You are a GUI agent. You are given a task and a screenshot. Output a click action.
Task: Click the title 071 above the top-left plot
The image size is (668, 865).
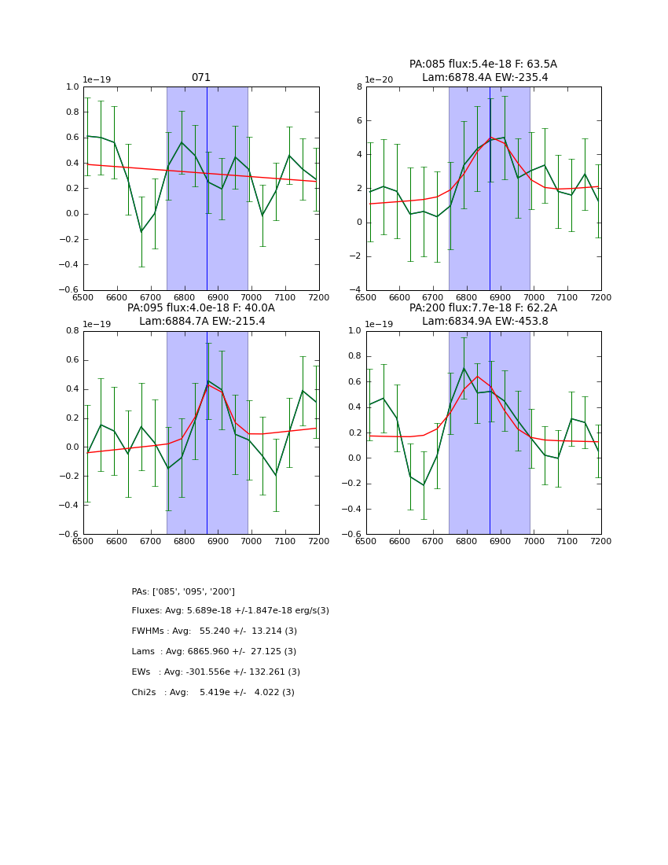point(201,78)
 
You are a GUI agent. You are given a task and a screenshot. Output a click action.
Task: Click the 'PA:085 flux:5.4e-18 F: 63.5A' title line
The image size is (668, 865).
point(483,64)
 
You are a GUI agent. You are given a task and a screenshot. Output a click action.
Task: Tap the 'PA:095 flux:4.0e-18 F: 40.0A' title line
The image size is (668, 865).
point(201,308)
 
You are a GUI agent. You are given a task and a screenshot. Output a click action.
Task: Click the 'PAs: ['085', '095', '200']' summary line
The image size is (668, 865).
point(183,591)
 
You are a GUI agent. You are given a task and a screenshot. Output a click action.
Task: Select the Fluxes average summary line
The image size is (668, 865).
point(230,611)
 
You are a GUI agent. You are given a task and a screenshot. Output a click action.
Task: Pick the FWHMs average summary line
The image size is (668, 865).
point(214,631)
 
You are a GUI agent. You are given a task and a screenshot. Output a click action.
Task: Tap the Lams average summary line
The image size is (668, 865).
point(214,652)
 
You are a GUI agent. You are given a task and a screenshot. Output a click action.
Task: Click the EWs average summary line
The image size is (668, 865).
point(215,672)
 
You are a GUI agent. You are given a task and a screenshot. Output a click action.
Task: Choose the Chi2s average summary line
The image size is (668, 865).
point(213,693)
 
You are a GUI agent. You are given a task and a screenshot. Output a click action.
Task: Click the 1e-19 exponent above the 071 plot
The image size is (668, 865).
point(97,80)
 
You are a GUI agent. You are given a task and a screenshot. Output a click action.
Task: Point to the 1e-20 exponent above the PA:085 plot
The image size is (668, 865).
point(380,80)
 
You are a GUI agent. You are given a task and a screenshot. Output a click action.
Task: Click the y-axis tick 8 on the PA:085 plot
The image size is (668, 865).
point(358,87)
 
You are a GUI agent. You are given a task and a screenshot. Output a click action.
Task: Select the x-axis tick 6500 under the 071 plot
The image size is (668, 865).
point(83,298)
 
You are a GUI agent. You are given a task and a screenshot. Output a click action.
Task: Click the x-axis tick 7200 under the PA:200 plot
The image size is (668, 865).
point(601,542)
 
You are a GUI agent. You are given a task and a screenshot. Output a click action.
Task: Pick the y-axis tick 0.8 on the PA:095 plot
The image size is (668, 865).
point(72,331)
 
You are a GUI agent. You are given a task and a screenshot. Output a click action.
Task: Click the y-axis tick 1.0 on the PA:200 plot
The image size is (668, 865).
point(354,331)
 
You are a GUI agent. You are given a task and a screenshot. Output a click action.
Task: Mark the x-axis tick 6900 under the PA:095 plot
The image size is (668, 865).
point(218,542)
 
